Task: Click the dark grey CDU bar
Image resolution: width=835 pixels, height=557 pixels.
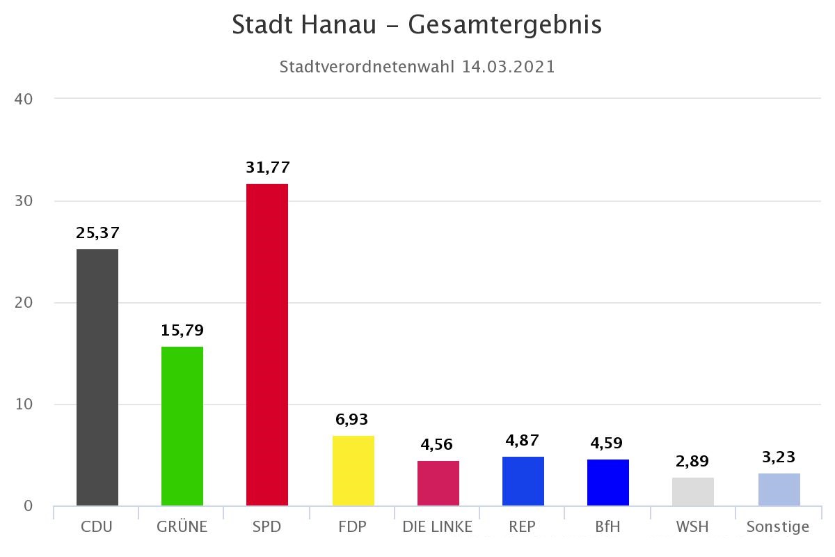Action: pyautogui.click(x=97, y=377)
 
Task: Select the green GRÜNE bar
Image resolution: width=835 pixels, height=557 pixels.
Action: pyautogui.click(x=182, y=426)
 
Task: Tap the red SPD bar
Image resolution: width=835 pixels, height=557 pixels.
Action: pyautogui.click(x=267, y=345)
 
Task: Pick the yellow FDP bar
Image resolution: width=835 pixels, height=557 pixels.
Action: pyautogui.click(x=353, y=471)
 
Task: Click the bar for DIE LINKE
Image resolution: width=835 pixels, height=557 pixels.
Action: pyautogui.click(x=438, y=483)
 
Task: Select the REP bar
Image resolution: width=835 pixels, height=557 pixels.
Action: pyautogui.click(x=523, y=481)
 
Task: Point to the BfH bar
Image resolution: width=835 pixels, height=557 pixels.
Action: pyautogui.click(x=608, y=483)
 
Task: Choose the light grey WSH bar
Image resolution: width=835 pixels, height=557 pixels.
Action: pyautogui.click(x=693, y=492)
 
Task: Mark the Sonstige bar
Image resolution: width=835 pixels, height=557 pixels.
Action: pyautogui.click(x=779, y=489)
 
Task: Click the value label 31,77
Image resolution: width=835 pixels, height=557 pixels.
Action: pyautogui.click(x=267, y=168)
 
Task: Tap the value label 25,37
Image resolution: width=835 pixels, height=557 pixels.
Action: pyautogui.click(x=97, y=233)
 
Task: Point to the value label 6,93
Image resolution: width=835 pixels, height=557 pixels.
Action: pyautogui.click(x=352, y=420)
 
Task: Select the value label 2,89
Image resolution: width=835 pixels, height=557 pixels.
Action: pyautogui.click(x=693, y=462)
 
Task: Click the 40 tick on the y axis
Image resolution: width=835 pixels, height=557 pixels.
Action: pyautogui.click(x=24, y=99)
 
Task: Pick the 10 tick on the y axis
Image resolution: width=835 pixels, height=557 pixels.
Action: pyautogui.click(x=24, y=405)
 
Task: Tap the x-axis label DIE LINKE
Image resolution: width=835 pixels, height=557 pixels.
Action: pyautogui.click(x=437, y=527)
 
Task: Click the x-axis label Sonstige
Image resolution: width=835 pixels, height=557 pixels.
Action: pyautogui.click(x=778, y=527)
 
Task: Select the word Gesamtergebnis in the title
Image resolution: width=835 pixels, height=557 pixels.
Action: pyautogui.click(x=504, y=25)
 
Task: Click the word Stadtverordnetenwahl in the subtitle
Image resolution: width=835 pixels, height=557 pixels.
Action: pyautogui.click(x=366, y=67)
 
